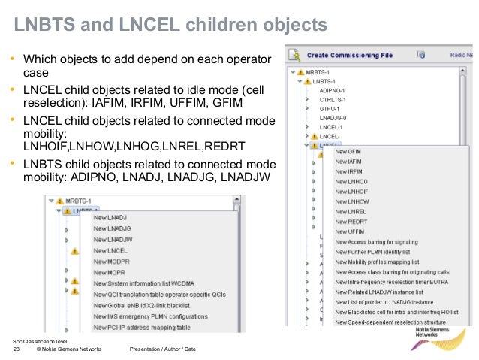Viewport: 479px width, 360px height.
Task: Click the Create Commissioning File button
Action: pos(349,55)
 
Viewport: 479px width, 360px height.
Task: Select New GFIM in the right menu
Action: pos(348,151)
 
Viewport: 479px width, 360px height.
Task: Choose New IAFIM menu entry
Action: pos(348,162)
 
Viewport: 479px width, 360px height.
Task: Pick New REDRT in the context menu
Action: pos(351,222)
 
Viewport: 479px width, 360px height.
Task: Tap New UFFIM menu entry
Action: pos(349,232)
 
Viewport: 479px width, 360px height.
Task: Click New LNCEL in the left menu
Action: pos(110,250)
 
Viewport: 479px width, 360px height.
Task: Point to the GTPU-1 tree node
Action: pos(330,107)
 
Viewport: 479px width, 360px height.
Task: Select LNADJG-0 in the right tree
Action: pos(333,117)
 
